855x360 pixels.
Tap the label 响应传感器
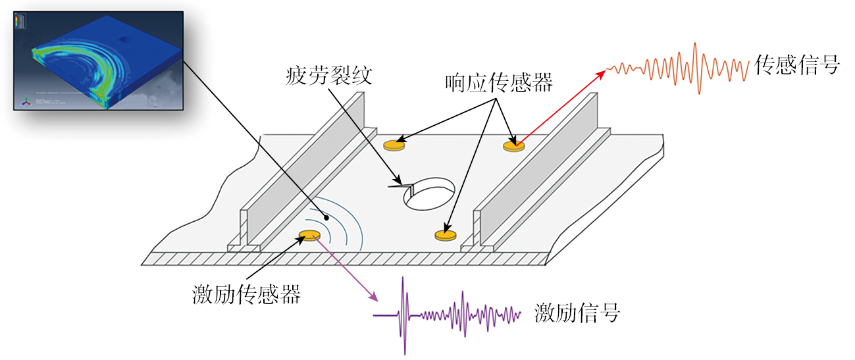tap(498, 84)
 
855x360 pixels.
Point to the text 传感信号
tap(797, 66)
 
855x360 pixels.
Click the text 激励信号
tap(577, 313)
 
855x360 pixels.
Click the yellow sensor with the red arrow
tap(514, 145)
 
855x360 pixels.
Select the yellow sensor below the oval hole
tap(445, 234)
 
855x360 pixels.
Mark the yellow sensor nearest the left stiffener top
tap(394, 143)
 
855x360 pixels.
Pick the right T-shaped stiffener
tap(540, 188)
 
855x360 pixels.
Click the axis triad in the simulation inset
tap(26, 101)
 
